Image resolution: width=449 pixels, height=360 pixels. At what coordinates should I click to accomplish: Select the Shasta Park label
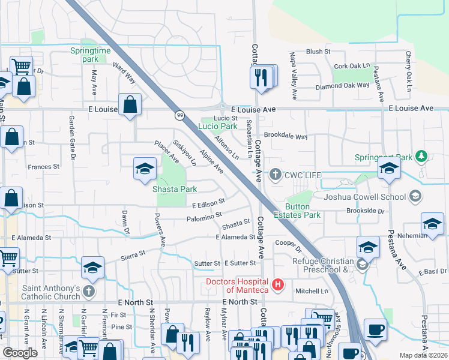pos(175,189)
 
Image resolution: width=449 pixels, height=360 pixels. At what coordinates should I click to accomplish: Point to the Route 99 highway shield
pos(179,115)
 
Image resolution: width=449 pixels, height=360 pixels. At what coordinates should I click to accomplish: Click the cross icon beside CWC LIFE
pos(276,175)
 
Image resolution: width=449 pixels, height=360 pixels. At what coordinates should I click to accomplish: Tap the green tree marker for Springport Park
pos(422,157)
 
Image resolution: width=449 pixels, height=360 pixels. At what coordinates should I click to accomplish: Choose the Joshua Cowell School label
pos(364,196)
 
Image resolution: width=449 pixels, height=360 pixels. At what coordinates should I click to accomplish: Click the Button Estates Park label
pos(303,210)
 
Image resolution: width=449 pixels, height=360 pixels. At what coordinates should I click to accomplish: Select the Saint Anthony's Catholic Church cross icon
pos(89,292)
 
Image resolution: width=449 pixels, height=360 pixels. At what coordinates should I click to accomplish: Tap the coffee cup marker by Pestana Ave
pos(375,329)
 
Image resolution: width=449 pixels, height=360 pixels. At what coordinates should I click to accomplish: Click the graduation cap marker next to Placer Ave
pos(144,169)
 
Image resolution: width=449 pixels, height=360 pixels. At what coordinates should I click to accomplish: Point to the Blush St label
pos(318,52)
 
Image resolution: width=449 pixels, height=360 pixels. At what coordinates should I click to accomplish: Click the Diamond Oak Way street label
pos(342,85)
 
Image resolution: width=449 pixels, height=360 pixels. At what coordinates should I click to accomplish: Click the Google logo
pos(20,353)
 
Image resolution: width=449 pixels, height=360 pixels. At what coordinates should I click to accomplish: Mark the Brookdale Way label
pos(286,136)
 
